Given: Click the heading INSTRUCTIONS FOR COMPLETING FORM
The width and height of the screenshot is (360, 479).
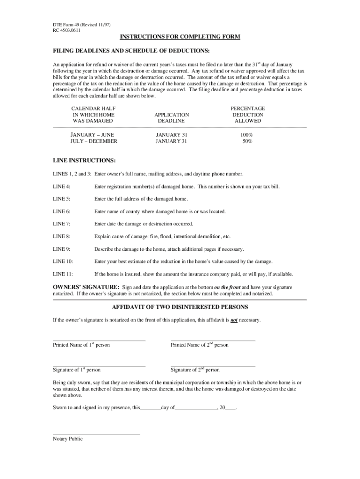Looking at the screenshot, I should pyautogui.click(x=180, y=37).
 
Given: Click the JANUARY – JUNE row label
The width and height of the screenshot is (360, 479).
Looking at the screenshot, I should pyautogui.click(x=92, y=135).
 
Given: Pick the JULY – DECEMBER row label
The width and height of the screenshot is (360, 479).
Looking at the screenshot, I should pyautogui.click(x=94, y=141).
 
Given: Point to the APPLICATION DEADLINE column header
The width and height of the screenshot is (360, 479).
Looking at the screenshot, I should pyautogui.click(x=172, y=117).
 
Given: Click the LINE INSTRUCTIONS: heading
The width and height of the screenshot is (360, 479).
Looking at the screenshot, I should pyautogui.click(x=84, y=160).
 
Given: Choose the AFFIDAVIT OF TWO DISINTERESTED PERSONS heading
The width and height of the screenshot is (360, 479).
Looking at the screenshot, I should pyautogui.click(x=180, y=307).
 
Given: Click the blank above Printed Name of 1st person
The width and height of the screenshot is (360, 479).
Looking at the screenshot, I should pyautogui.click(x=99, y=340).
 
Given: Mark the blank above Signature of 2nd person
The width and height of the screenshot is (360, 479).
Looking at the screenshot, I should pyautogui.click(x=213, y=365).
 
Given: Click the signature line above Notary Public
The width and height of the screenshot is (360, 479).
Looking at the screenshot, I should pyautogui.click(x=96, y=435).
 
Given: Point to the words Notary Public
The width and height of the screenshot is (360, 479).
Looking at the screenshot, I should pyautogui.click(x=68, y=439).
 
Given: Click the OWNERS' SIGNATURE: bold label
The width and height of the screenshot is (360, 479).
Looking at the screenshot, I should pyautogui.click(x=86, y=287).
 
